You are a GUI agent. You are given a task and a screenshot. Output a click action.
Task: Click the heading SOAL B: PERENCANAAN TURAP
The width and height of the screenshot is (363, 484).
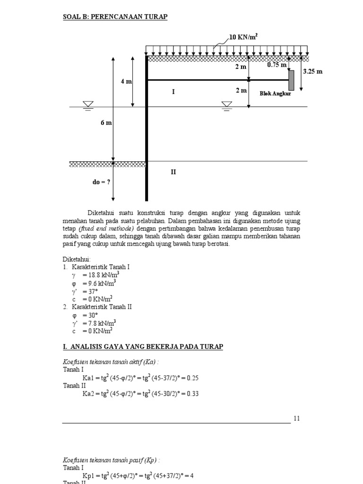[115, 17]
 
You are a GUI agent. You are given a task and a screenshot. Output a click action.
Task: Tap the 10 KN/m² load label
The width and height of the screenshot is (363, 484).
[243, 37]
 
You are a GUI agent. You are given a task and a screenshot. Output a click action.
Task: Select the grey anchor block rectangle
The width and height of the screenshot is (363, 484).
[292, 80]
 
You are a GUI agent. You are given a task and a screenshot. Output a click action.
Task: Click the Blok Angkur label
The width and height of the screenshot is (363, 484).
[275, 94]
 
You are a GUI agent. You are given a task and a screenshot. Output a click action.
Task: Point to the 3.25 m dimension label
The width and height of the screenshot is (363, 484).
[312, 71]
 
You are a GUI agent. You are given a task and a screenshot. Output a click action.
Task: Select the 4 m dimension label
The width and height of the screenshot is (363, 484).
[126, 81]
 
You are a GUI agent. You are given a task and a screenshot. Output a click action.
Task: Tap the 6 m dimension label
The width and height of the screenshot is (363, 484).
[106, 123]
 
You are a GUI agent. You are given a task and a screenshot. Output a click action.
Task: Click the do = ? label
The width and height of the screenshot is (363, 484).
[101, 181]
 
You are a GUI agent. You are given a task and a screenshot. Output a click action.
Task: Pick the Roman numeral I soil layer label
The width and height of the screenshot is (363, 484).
[173, 92]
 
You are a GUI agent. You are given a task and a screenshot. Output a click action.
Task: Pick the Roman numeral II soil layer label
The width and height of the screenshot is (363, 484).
[173, 173]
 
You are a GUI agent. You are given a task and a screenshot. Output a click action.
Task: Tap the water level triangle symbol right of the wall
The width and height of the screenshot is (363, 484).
[227, 104]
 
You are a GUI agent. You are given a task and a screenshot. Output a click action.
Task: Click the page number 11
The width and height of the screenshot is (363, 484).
[296, 418]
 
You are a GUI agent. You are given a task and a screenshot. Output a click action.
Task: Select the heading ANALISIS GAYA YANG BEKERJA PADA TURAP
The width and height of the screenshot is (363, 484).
[143, 347]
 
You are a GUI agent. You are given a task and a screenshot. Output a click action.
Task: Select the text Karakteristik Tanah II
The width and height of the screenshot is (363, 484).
[101, 307]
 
